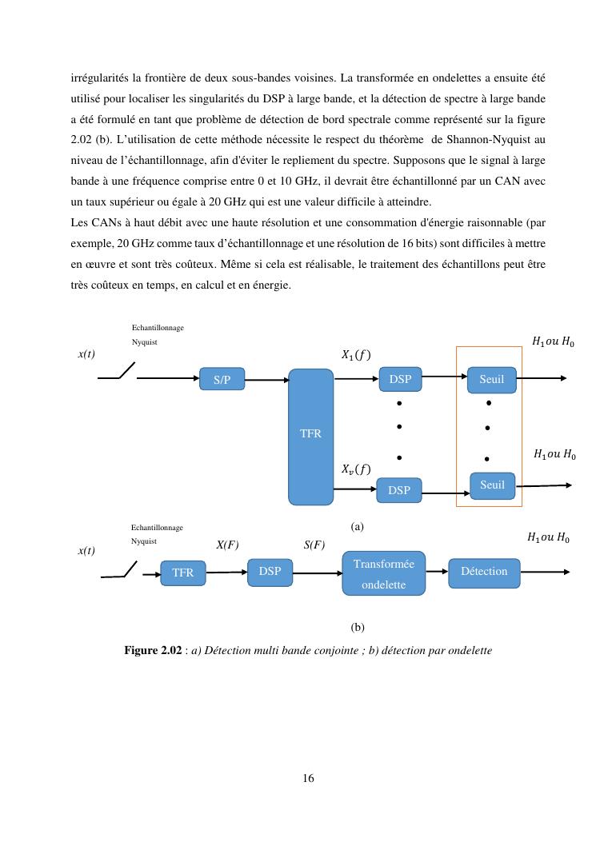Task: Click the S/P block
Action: pos(222,380)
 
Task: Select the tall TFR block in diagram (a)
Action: pos(310,437)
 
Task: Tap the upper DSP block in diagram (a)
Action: pos(400,380)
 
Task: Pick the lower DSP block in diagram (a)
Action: pos(399,490)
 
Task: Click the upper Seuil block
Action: pos(492,380)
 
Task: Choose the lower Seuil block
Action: pos(492,485)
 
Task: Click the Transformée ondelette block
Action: pos(384,573)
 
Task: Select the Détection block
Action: pos(484,571)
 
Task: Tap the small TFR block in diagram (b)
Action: pos(183,573)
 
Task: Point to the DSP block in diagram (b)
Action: pos(270,571)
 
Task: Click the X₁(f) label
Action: pos(356,354)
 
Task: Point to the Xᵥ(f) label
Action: pos(356,469)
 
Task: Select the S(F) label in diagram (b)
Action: pos(314,545)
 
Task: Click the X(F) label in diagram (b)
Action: pos(227,545)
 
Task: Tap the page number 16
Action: pos(308,778)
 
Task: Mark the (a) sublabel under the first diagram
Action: pos(357,527)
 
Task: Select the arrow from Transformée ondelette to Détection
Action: pos(436,572)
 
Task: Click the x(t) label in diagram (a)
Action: pos(86,354)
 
